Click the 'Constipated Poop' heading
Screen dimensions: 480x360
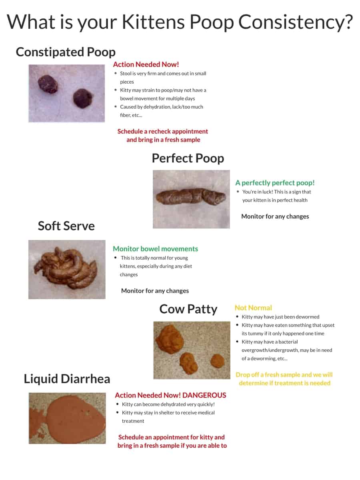pyautogui.click(x=66, y=52)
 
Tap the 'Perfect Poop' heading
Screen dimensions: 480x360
pyautogui.click(x=188, y=158)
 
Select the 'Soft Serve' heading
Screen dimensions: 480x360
pyautogui.click(x=66, y=226)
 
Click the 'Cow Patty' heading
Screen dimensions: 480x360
pyautogui.click(x=188, y=309)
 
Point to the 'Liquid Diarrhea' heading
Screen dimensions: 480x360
pyautogui.click(x=67, y=379)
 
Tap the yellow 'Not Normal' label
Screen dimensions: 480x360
pyautogui.click(x=253, y=308)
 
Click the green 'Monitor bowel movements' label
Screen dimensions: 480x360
pyautogui.click(x=155, y=249)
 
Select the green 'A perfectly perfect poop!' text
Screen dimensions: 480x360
pyautogui.click(x=275, y=183)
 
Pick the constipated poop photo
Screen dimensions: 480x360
pyautogui.click(x=66, y=93)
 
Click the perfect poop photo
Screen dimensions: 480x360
pyautogui.click(x=191, y=199)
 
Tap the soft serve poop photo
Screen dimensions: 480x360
pyautogui.click(x=67, y=269)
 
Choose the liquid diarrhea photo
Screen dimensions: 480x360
pyautogui.click(x=67, y=418)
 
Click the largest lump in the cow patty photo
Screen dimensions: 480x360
pyautogui.click(x=171, y=339)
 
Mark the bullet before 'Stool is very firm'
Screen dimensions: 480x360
pyautogui.click(x=116, y=74)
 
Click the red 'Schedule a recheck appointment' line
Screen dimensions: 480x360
pyautogui.click(x=163, y=132)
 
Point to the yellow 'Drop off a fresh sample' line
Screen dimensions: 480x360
pyautogui.click(x=284, y=375)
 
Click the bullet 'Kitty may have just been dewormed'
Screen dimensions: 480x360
pyautogui.click(x=280, y=317)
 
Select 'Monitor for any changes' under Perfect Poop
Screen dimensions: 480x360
pyautogui.click(x=275, y=216)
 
